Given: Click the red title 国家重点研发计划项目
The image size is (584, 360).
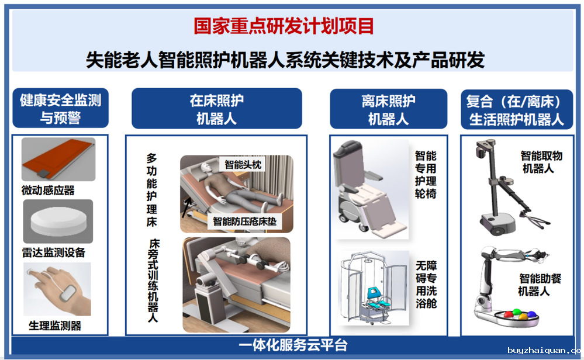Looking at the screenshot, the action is point(284,26).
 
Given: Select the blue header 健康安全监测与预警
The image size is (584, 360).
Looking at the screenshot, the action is point(60,108).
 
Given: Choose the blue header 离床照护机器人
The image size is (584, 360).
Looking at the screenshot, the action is point(389,109).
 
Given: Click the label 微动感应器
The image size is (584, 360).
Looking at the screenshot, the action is point(48,191).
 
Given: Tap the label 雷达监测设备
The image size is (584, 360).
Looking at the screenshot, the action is point(54,252).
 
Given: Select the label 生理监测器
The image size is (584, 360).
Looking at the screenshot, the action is point(55,326).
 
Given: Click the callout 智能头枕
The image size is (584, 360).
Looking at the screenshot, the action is point(243,164).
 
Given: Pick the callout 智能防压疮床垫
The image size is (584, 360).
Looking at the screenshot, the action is point(245,221).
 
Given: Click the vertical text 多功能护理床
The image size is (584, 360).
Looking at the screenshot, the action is point(151,190).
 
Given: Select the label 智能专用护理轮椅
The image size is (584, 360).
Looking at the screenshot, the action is point(426,175).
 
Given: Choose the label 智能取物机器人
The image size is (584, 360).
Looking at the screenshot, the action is point(541,162).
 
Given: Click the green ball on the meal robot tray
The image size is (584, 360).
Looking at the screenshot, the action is point(517,312).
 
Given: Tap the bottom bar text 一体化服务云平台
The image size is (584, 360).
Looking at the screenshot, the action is point(293,345).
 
